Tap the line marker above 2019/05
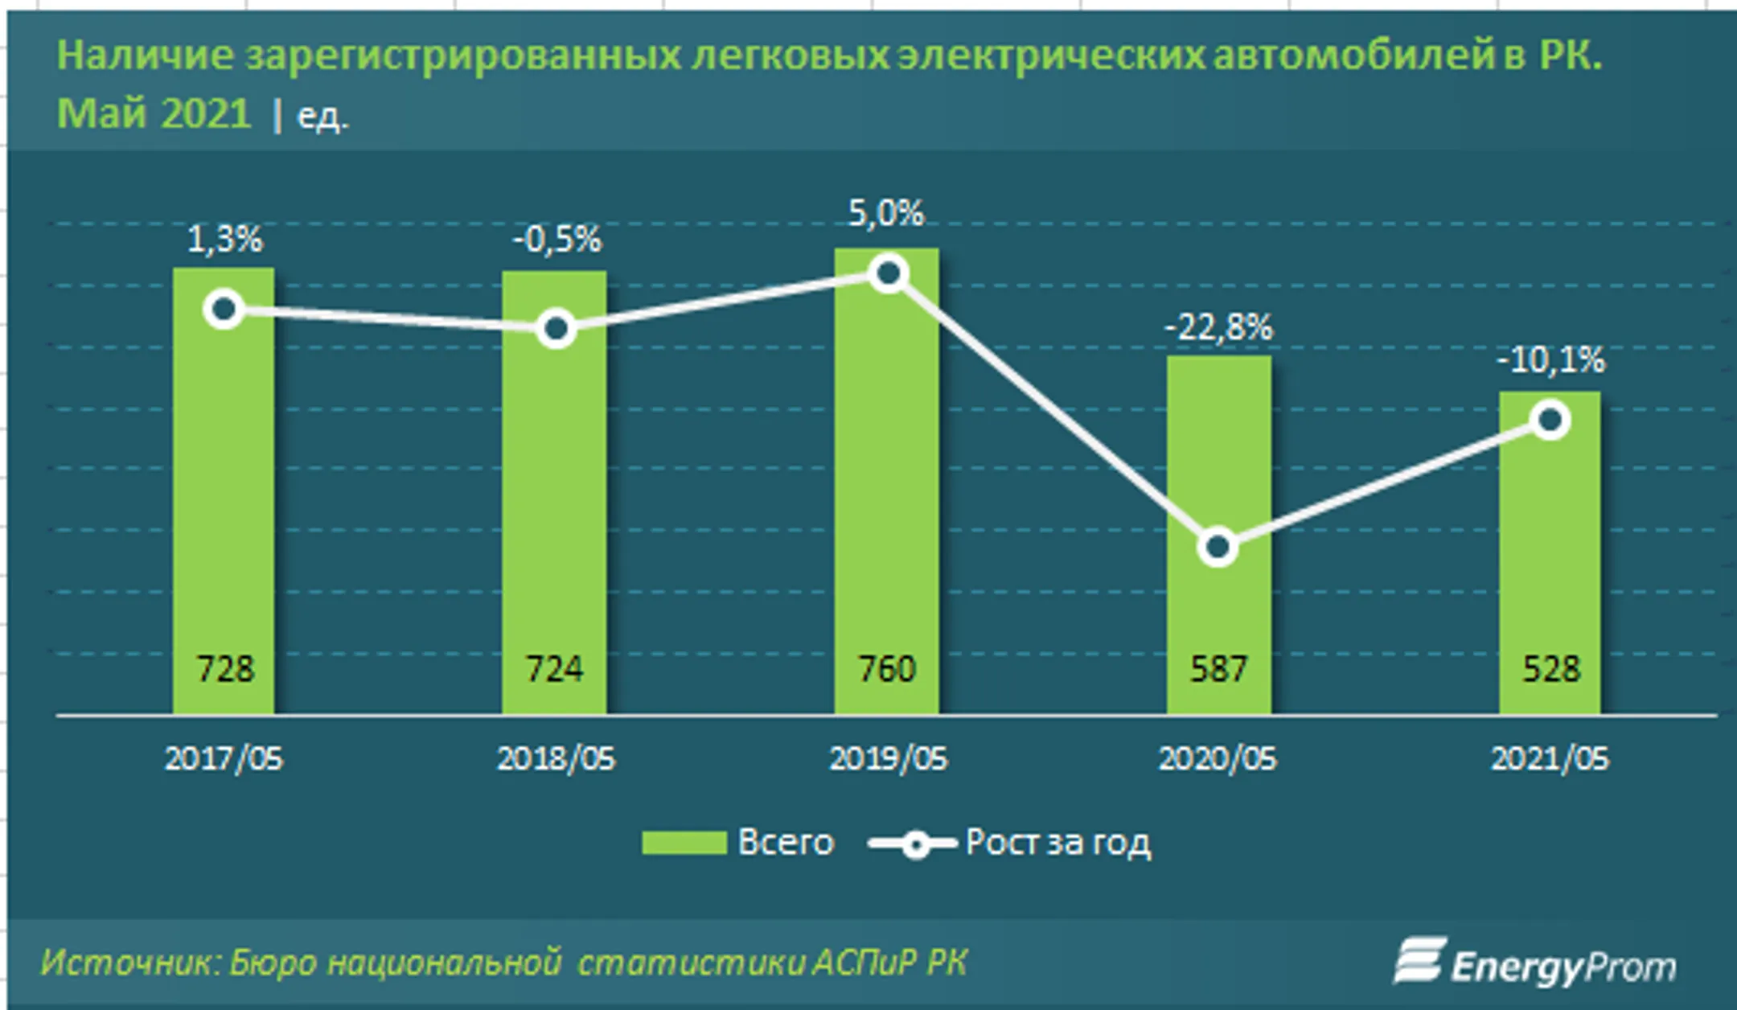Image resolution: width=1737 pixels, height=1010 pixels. point(888,274)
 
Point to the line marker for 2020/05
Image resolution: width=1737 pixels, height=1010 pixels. point(1218,548)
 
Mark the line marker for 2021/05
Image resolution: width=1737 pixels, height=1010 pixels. point(1550,421)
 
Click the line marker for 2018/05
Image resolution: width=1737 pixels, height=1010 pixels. point(556,329)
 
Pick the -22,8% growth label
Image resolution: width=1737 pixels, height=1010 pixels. point(1218,327)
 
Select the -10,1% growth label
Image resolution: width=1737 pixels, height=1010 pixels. point(1550,359)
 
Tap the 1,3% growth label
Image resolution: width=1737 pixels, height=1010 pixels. point(224,239)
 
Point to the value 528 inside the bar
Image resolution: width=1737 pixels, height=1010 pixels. point(1550,669)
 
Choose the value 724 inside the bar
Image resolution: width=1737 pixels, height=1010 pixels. point(555,669)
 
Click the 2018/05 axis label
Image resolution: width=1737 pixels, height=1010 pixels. point(556,758)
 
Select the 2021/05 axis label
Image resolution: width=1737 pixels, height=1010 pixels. point(1550,758)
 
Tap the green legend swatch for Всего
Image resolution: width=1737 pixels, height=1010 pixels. point(684,843)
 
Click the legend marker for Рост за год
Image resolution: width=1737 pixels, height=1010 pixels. point(914,844)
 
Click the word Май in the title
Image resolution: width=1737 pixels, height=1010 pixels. point(101,113)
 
